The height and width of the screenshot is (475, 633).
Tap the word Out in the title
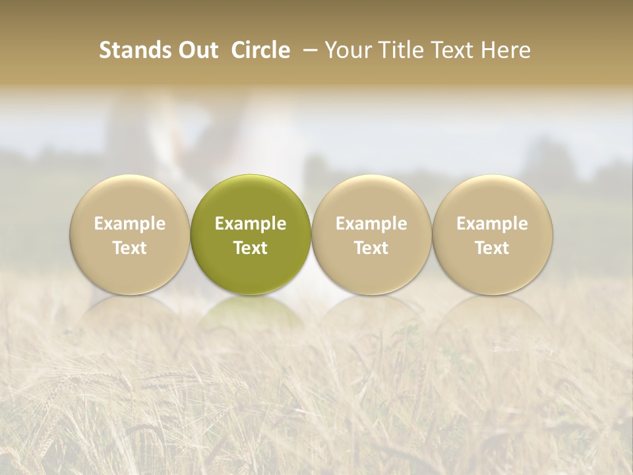pyautogui.click(x=197, y=50)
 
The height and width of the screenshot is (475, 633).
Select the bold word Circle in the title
pyautogui.click(x=260, y=50)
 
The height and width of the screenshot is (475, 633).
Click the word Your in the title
pyautogui.click(x=348, y=50)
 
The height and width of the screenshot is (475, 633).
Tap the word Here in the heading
pyautogui.click(x=506, y=50)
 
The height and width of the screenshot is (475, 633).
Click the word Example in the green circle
pyautogui.click(x=251, y=224)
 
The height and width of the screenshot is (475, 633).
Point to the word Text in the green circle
pyautogui.click(x=251, y=248)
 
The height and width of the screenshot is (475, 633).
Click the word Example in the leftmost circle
pyautogui.click(x=130, y=224)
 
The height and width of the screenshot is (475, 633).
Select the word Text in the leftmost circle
pyautogui.click(x=130, y=248)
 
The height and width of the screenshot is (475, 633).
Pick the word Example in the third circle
pyautogui.click(x=371, y=224)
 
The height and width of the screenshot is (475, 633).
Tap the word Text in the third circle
pyautogui.click(x=371, y=248)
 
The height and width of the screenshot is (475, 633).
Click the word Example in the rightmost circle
pyautogui.click(x=493, y=224)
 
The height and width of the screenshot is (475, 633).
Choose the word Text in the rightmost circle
pyautogui.click(x=493, y=248)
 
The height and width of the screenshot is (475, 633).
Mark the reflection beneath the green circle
pyautogui.click(x=251, y=317)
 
